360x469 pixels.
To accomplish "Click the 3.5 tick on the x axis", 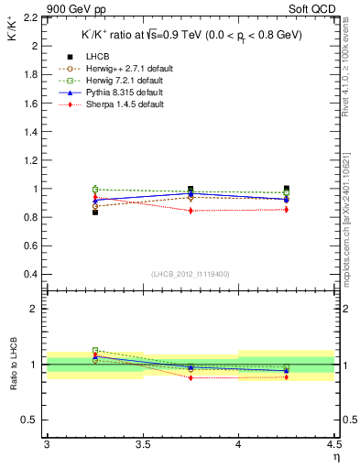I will click(x=142, y=444).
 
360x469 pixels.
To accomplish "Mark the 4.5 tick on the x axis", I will click(x=333, y=444).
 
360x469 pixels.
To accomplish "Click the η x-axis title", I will click(x=336, y=455).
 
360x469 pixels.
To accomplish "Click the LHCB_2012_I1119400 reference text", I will click(x=190, y=274).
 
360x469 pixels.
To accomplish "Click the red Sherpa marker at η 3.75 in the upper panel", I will click(x=191, y=211).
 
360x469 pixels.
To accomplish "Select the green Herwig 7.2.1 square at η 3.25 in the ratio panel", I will click(x=95, y=350).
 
